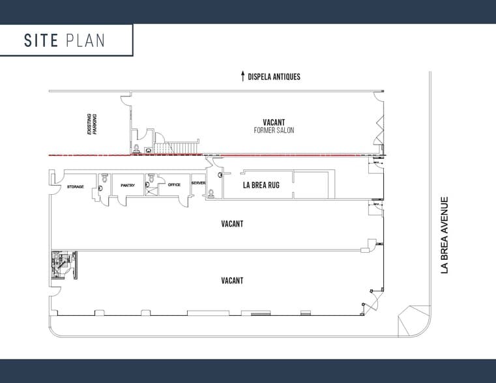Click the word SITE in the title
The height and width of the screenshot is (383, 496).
(41, 40)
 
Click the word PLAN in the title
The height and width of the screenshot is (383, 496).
(85, 40)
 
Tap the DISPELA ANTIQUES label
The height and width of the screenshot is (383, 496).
(274, 77)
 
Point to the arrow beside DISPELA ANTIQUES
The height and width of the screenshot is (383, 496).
(242, 76)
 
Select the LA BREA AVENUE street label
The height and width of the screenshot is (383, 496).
(445, 235)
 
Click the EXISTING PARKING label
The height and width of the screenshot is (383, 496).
(92, 124)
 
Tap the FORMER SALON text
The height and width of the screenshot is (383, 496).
(274, 130)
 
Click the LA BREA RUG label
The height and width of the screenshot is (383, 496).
(261, 185)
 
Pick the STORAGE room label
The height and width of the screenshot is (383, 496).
(76, 187)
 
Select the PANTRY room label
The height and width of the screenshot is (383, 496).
(128, 186)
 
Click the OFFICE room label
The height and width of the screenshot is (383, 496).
(174, 185)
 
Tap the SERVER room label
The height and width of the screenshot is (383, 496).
(198, 183)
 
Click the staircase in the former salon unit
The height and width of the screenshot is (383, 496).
(177, 147)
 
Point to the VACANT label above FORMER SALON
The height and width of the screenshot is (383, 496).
(274, 122)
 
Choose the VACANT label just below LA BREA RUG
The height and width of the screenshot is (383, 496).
(232, 224)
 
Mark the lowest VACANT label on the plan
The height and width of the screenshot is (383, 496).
(232, 281)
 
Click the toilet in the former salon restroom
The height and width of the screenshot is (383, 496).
(136, 148)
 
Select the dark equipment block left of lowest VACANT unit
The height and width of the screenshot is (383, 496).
(65, 265)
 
